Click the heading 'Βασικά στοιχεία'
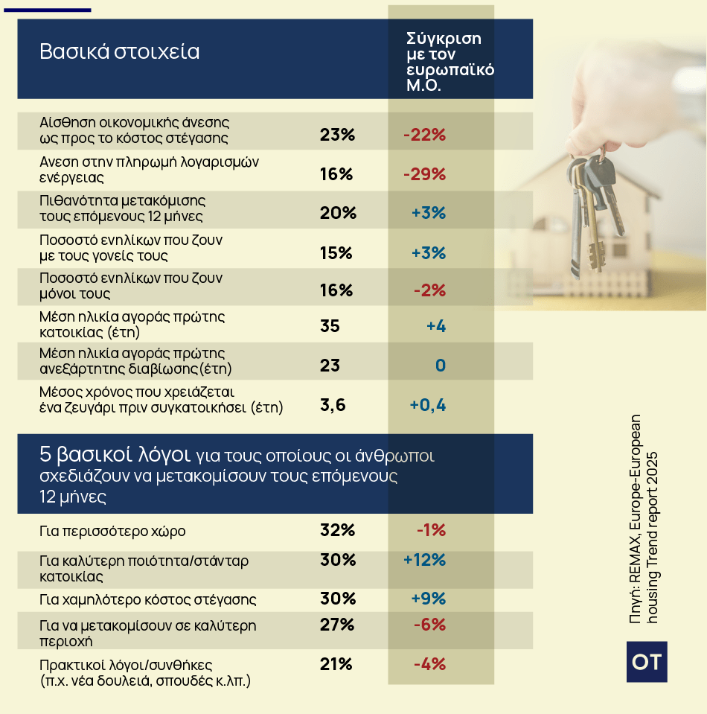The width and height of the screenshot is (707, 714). click(x=120, y=52)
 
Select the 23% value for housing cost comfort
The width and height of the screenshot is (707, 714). click(x=337, y=135)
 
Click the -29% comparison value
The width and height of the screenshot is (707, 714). click(x=424, y=174)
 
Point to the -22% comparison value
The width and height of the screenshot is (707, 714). click(x=424, y=135)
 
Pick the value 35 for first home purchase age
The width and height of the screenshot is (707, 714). click(x=330, y=326)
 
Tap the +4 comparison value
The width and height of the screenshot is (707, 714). click(x=435, y=326)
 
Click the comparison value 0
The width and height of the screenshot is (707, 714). click(x=440, y=366)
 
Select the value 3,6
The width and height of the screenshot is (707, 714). click(x=333, y=405)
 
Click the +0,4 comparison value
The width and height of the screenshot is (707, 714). click(x=427, y=405)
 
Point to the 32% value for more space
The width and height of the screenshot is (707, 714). click(x=337, y=530)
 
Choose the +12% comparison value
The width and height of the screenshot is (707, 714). click(x=424, y=560)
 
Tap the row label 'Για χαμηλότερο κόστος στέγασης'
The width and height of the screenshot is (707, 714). click(x=148, y=599)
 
